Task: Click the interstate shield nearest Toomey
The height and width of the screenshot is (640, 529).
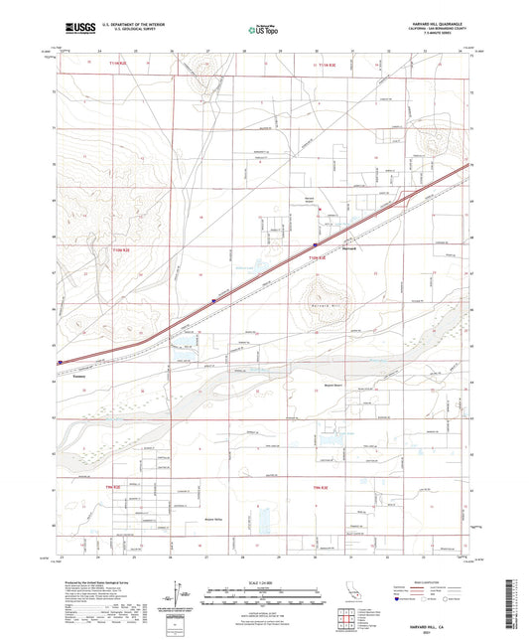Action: click(x=62, y=362)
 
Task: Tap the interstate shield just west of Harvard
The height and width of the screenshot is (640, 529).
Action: click(x=314, y=241)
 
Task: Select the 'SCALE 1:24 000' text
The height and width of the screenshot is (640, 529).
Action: click(x=263, y=581)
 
